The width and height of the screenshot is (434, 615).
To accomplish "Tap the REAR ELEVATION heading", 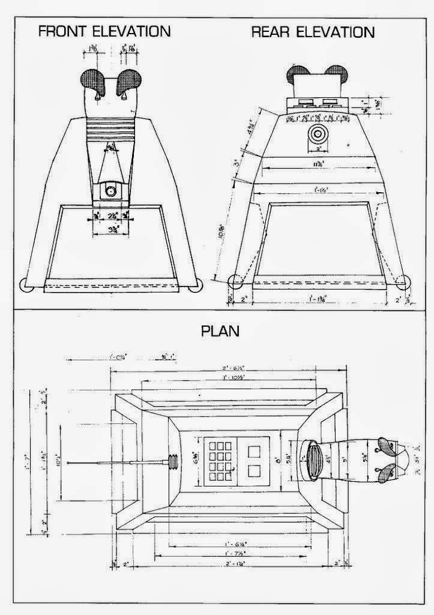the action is [x=313, y=31].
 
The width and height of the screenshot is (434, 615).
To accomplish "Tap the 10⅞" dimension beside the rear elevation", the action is [x=223, y=230].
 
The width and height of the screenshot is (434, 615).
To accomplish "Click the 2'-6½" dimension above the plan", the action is [x=229, y=368].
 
